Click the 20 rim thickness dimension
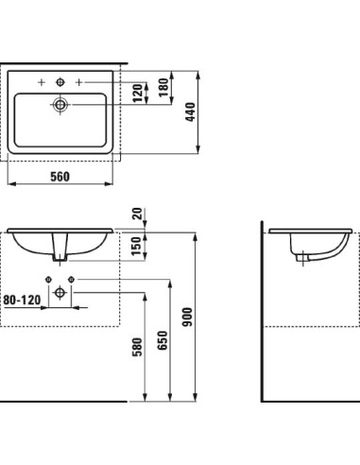coord(138,215)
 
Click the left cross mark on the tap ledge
coord(42,82)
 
